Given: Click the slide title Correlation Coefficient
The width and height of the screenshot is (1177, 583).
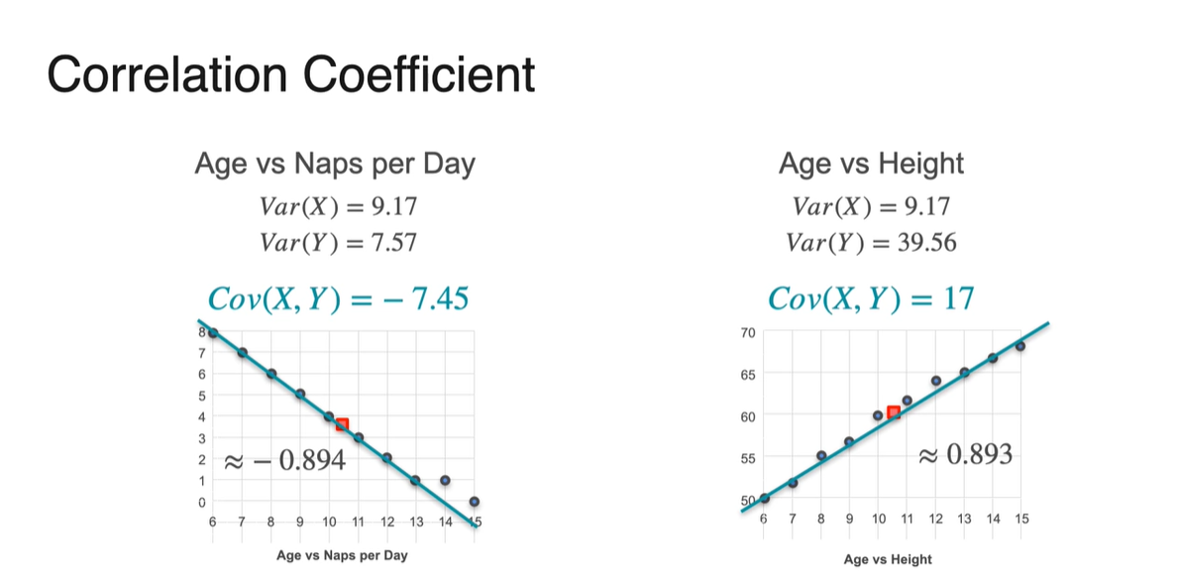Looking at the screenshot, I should (x=290, y=74).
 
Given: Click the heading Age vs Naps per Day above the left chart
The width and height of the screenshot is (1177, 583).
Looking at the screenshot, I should (x=335, y=164).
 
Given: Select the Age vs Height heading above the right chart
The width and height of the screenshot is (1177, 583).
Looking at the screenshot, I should (x=871, y=164).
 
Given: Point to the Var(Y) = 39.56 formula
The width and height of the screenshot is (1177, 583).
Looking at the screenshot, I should (x=871, y=241).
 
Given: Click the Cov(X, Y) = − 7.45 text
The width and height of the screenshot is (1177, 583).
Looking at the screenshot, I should (x=337, y=297).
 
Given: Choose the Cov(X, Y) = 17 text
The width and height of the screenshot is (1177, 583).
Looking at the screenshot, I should (x=871, y=297).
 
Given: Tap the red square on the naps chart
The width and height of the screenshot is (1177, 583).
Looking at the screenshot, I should (x=342, y=424).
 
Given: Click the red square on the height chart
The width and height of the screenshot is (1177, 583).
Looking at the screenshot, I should (x=893, y=412).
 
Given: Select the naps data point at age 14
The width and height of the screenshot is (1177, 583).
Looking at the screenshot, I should (x=446, y=480).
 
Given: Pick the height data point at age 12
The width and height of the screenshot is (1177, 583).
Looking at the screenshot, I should (x=935, y=381).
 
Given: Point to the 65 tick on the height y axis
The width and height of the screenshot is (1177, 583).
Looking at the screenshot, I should (x=746, y=375).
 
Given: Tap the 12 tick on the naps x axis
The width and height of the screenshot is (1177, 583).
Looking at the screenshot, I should (x=387, y=523).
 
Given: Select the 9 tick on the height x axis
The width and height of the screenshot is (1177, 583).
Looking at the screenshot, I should (x=849, y=519).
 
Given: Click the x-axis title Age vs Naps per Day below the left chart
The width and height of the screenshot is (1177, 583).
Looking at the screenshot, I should (x=341, y=555).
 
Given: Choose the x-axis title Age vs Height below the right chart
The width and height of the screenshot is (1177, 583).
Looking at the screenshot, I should (x=888, y=559).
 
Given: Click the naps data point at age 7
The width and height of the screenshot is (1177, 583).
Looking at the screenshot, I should (x=242, y=353).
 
